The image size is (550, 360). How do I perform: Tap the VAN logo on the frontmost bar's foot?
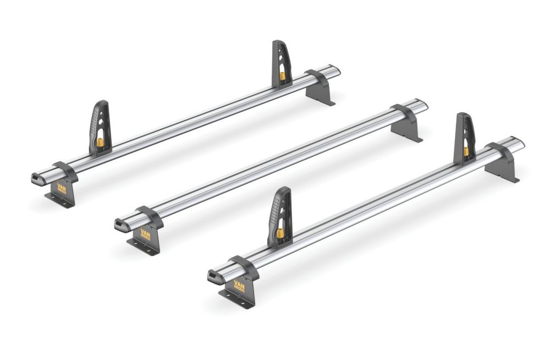(239, 285)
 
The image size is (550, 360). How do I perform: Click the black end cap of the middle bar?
(119, 223)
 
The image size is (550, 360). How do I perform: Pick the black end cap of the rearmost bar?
(36, 177)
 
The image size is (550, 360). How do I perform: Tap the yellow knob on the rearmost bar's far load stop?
(283, 76)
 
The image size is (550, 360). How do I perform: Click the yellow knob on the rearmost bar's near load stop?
(101, 141)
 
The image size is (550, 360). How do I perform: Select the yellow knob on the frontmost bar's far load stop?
(465, 150)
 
